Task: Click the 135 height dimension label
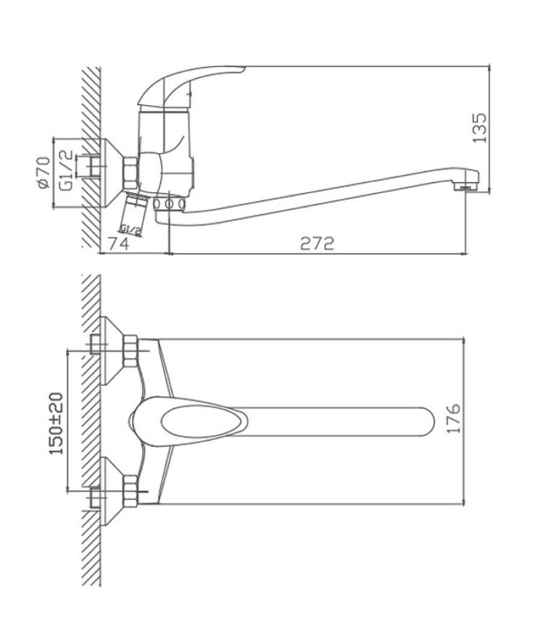tap(479, 128)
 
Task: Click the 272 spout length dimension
tap(317, 243)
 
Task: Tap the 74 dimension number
tap(119, 243)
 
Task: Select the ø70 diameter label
tap(43, 173)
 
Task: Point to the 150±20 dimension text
tap(56, 424)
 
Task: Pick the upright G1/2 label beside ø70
tap(67, 170)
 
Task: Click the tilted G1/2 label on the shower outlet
tap(131, 229)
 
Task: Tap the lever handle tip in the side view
tap(238, 70)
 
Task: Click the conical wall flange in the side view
tap(112, 173)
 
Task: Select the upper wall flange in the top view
tap(112, 351)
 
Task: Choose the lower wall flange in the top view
tap(112, 491)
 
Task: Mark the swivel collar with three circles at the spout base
tap(169, 204)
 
